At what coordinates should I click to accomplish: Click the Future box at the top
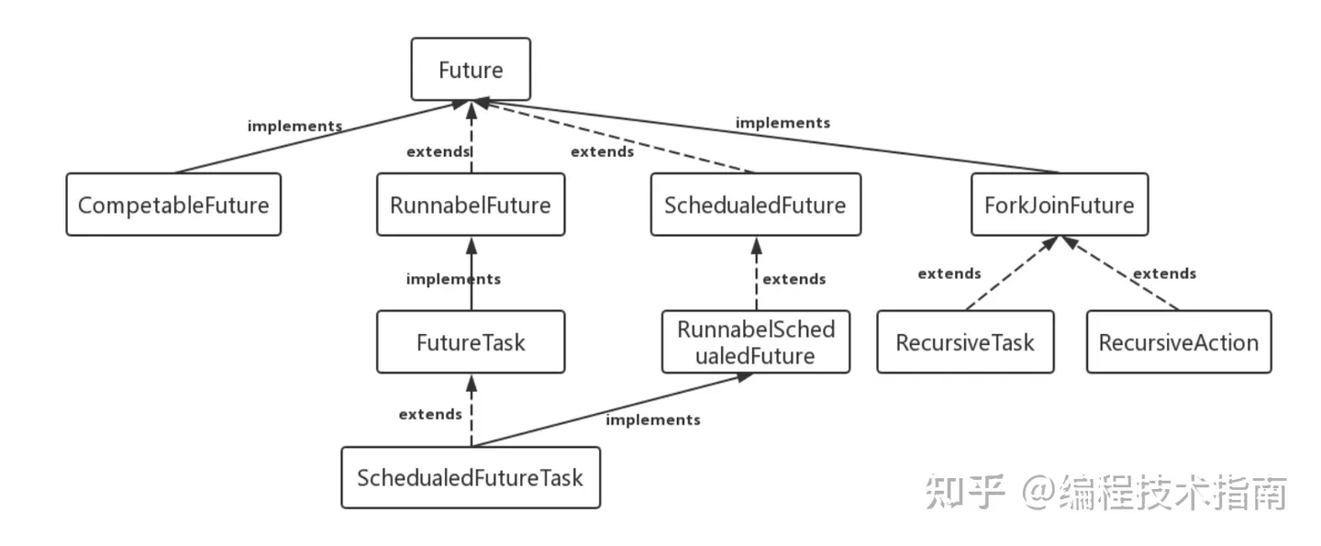pos(471,70)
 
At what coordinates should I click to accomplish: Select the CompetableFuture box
pos(173,205)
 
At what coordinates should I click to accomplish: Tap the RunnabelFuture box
pos(471,205)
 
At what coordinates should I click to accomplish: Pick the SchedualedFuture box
pos(755,205)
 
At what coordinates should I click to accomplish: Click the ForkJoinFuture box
pos(1059,205)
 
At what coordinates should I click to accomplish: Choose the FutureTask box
pos(471,342)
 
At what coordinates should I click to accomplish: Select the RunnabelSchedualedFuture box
pos(756,342)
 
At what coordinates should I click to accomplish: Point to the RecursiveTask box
pos(965,342)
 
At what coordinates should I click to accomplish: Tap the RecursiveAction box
pos(1179,342)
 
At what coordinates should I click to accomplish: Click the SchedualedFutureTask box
pos(471,477)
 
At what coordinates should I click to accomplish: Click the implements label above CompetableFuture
pos(294,127)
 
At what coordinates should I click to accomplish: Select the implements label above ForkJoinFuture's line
pos(783,122)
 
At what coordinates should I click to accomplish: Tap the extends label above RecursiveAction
pos(1164,273)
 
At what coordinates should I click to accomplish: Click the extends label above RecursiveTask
pos(949,273)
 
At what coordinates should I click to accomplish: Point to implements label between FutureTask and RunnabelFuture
pos(453,279)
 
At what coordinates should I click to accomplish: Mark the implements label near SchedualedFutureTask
pos(652,419)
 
